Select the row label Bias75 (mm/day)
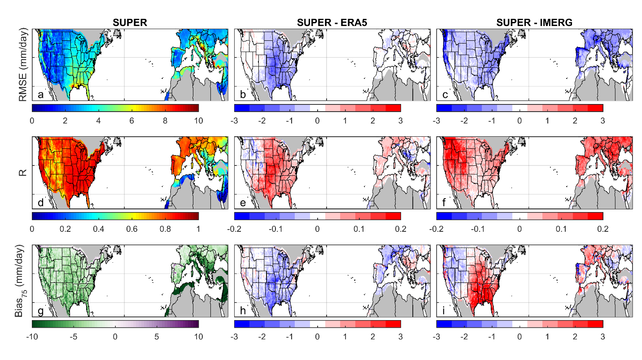point(20,281)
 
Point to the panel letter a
point(41,95)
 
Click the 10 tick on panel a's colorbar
point(198,121)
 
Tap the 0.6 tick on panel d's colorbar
point(131,229)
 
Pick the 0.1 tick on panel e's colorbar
point(359,229)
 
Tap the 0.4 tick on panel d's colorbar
point(98,229)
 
